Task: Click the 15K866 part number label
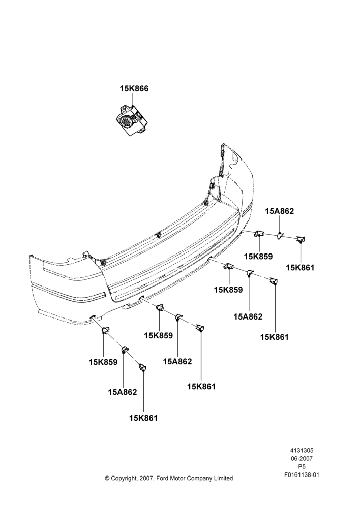(x=134, y=88)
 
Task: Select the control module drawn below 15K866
(x=132, y=119)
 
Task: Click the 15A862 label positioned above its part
(x=279, y=211)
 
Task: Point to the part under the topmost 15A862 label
(x=280, y=236)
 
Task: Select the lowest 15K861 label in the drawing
(x=143, y=418)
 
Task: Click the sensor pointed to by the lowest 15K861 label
(x=143, y=367)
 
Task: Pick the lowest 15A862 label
(x=123, y=392)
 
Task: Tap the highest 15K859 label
(x=258, y=256)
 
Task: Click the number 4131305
(x=302, y=450)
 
